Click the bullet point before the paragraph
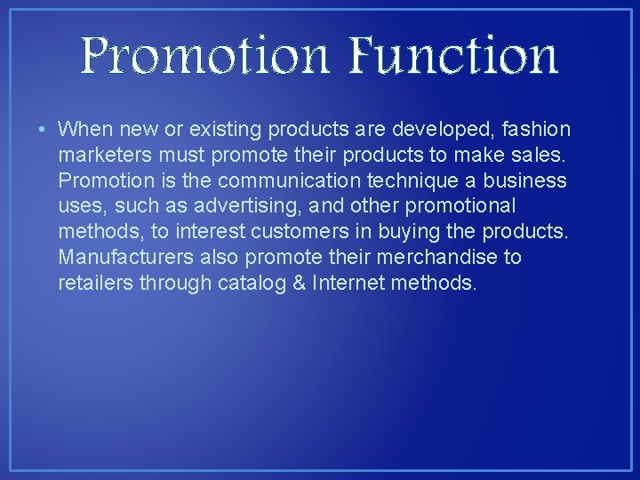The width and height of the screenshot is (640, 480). pos(43,130)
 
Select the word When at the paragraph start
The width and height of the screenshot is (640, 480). pos(83,130)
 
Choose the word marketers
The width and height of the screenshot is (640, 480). pos(100,156)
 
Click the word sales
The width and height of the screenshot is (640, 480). pos(539,156)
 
